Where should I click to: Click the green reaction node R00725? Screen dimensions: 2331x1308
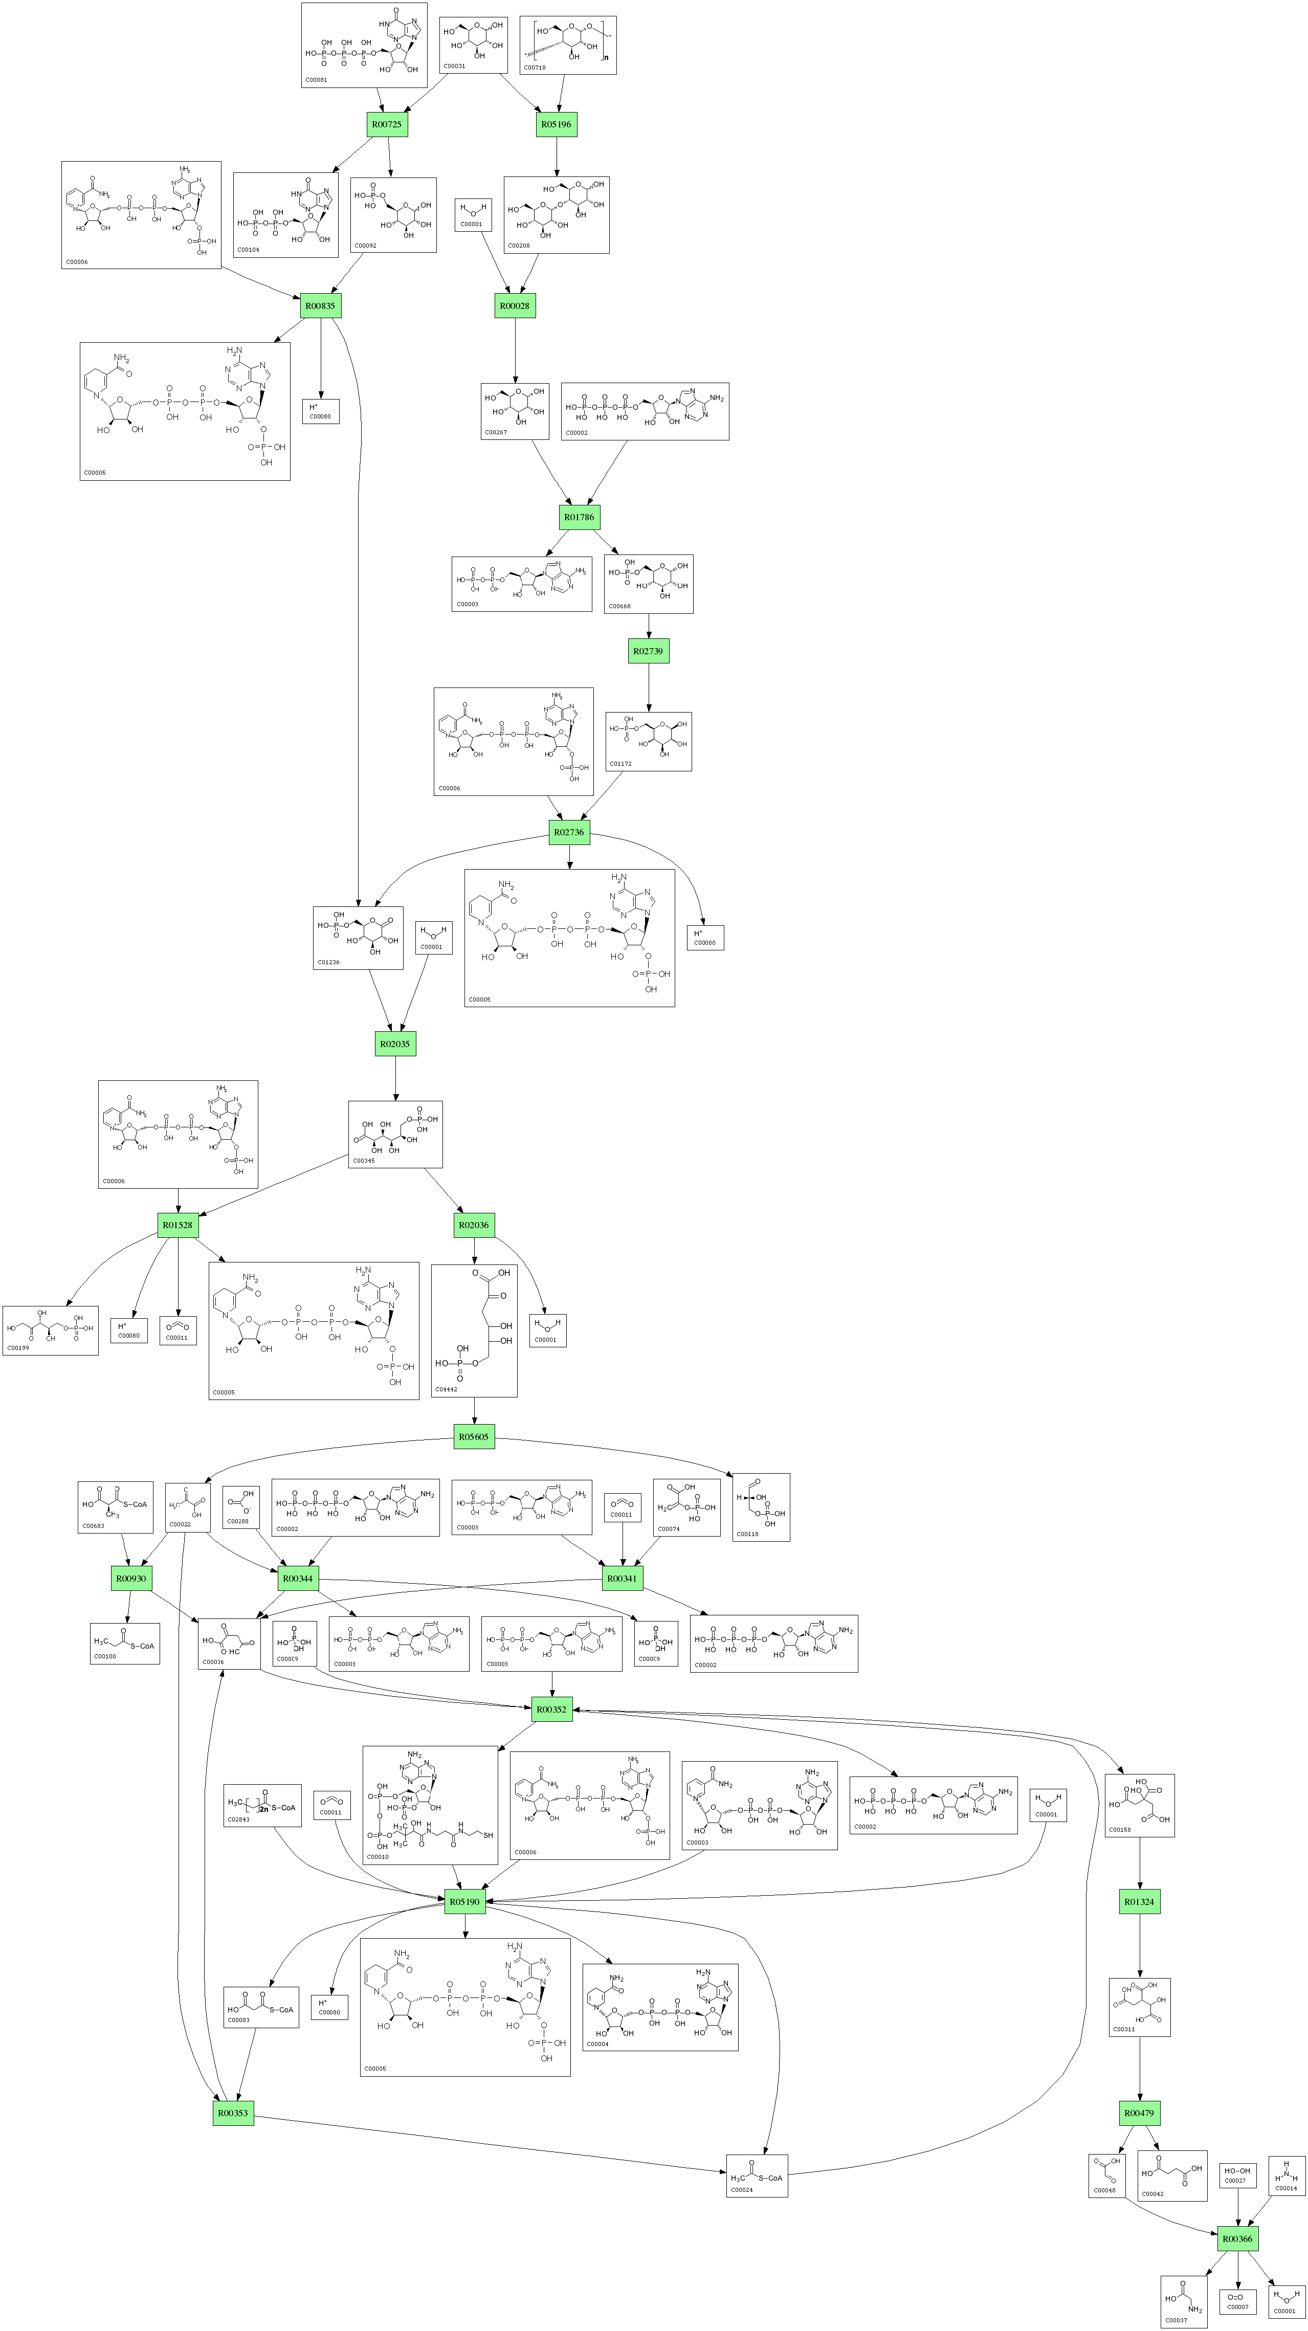point(387,124)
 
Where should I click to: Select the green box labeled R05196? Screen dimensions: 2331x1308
point(557,124)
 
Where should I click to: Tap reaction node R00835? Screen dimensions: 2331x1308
point(320,306)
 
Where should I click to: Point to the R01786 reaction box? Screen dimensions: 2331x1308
point(580,517)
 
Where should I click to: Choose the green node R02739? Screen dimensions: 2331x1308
point(648,651)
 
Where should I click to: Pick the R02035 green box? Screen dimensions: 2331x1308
point(395,1044)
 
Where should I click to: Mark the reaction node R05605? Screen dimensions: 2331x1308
point(473,1436)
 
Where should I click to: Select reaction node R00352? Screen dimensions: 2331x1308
point(551,1710)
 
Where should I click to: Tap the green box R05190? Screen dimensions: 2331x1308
point(465,1901)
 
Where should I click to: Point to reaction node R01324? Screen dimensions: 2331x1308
point(1139,1901)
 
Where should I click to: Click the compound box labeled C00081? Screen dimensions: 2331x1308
point(364,45)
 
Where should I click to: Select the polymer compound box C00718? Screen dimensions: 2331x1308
point(568,45)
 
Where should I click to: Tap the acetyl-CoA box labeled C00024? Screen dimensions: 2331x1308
point(757,2175)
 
